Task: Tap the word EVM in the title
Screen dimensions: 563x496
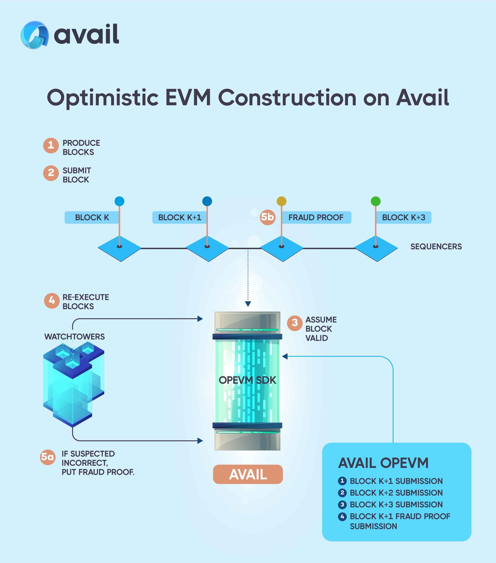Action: [x=188, y=98]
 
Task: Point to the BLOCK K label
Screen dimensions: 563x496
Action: [x=92, y=218]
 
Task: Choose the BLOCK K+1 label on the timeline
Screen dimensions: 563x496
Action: [x=179, y=218]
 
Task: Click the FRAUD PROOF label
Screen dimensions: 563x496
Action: [x=316, y=218]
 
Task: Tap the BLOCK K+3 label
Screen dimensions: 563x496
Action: [x=403, y=218]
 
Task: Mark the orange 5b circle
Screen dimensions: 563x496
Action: [x=268, y=217]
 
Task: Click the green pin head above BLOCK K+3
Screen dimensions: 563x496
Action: [x=375, y=201]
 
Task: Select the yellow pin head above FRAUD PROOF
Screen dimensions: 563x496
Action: [x=281, y=201]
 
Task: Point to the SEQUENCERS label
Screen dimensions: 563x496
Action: [x=436, y=246]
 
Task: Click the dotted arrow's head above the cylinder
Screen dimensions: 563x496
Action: [x=248, y=304]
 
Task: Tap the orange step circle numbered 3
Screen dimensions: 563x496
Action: [x=295, y=323]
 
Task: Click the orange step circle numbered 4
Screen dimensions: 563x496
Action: [x=52, y=300]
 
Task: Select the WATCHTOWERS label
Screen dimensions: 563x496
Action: [x=74, y=337]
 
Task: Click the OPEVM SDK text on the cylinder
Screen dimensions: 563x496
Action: [x=247, y=380]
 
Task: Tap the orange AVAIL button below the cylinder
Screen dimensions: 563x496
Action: [x=248, y=474]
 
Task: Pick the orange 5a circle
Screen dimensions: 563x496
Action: [x=47, y=457]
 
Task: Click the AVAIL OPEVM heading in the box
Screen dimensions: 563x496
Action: [x=383, y=463]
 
